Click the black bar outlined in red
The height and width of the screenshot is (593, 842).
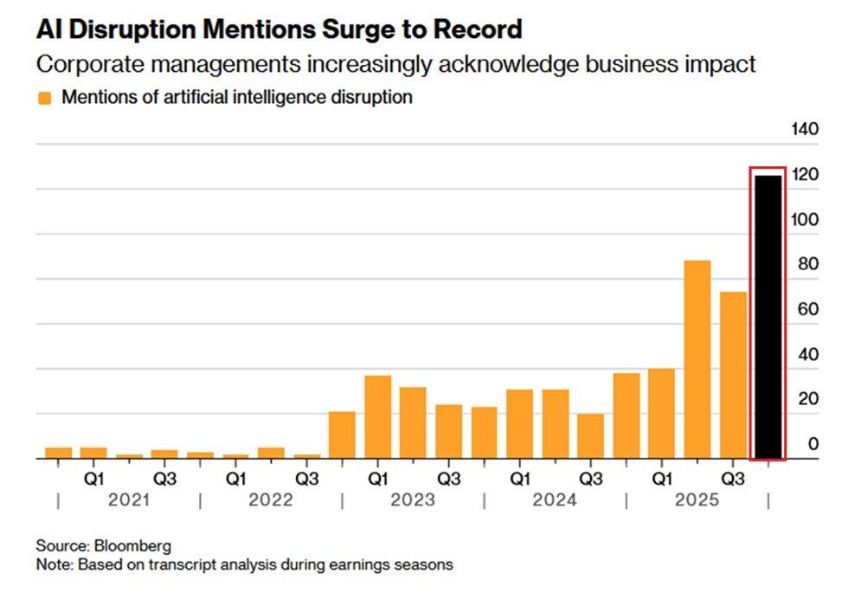click(x=768, y=316)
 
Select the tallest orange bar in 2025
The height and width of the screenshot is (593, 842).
click(x=697, y=359)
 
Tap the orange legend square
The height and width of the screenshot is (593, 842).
click(x=45, y=98)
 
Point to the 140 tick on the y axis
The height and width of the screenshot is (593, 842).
click(x=805, y=130)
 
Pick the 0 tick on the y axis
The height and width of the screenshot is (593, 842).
click(x=813, y=444)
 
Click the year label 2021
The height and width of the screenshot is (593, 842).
click(x=130, y=500)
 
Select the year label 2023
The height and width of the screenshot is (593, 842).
click(x=413, y=500)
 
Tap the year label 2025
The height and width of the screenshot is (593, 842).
click(x=697, y=500)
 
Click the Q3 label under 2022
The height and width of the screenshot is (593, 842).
click(x=306, y=477)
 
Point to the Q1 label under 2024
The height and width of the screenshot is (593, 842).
click(x=519, y=477)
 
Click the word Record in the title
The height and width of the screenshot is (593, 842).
click(x=478, y=30)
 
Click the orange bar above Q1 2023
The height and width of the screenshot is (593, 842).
click(x=377, y=417)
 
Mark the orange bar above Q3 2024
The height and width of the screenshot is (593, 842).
click(x=590, y=436)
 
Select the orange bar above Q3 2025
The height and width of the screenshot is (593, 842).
click(x=732, y=375)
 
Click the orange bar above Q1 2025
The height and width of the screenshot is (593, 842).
click(x=661, y=414)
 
